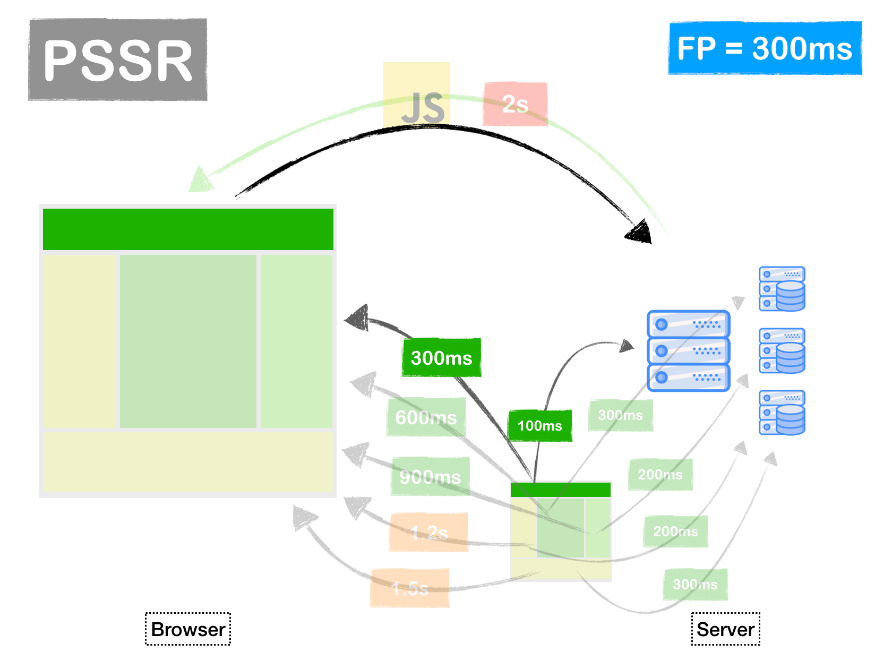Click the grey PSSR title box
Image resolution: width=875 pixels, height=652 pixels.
[x=117, y=59]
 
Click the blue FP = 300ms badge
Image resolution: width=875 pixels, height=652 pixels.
[x=765, y=48]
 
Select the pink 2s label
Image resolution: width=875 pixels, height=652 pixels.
[x=514, y=104]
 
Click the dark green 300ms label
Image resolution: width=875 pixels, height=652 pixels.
[x=441, y=358]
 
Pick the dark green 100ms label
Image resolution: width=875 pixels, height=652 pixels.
[x=540, y=425]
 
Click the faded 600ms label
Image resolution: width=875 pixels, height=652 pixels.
[x=426, y=417]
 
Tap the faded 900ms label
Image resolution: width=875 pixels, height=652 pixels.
[x=430, y=476]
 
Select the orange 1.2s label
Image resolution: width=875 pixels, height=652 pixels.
[x=428, y=532]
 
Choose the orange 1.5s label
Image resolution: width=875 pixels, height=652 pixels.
[x=410, y=588]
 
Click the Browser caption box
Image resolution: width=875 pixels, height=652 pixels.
[x=188, y=629]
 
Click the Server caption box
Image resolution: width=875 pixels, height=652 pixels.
[x=725, y=629]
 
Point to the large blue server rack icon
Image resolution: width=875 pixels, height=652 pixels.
[x=688, y=351]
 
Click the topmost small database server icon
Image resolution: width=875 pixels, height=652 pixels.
[x=782, y=289]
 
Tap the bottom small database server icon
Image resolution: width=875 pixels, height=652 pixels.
[x=782, y=413]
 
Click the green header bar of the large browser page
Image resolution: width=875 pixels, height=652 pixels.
[x=188, y=229]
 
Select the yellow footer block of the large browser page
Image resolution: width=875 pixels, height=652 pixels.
[x=188, y=461]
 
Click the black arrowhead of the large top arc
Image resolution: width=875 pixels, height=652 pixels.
[x=640, y=233]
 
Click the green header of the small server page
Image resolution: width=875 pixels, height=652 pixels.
[x=560, y=490]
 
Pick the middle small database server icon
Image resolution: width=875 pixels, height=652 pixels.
[x=782, y=350]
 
